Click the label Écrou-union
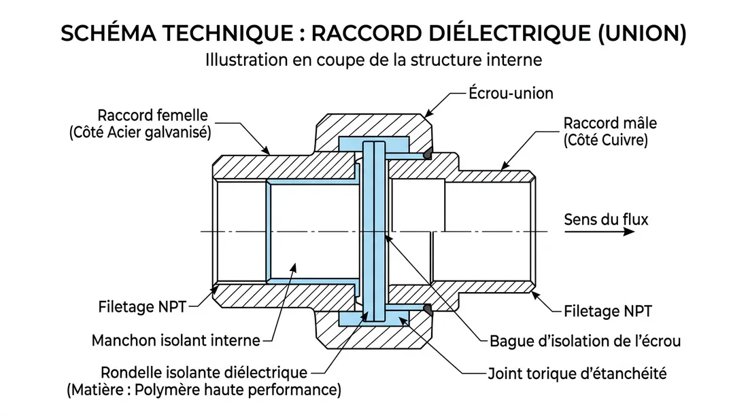[x=511, y=92]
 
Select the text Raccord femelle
[x=152, y=115]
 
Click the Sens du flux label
[x=606, y=219]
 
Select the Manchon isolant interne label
[x=175, y=340]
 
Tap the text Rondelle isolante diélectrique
[x=203, y=372]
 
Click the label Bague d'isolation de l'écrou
[x=585, y=341]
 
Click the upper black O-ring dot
[x=427, y=156]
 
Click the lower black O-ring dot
[x=427, y=309]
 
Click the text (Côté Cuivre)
[x=605, y=141]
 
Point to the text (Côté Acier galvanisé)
[x=140, y=132]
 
